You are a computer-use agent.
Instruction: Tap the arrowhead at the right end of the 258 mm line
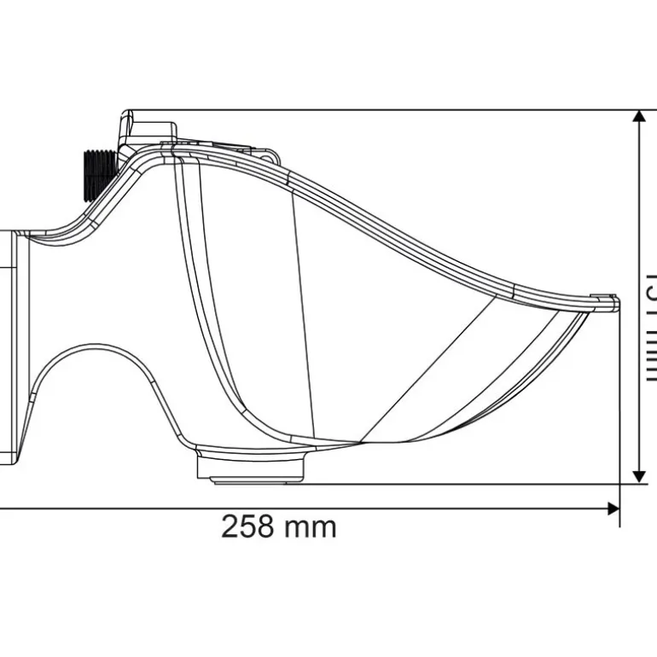pyautogui.click(x=613, y=509)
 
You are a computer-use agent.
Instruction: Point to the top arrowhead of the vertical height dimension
pyautogui.click(x=638, y=118)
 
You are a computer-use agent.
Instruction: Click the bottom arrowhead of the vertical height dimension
pyautogui.click(x=638, y=475)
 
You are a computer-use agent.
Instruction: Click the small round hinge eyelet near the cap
pyautogui.click(x=271, y=157)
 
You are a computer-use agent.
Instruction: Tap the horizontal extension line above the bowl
pyautogui.click(x=384, y=110)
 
